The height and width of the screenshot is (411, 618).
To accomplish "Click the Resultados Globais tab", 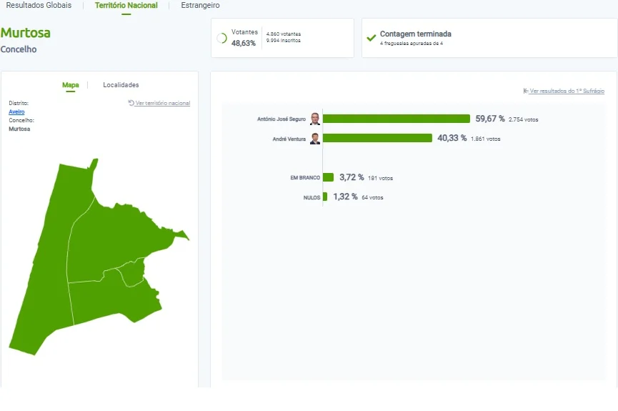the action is [39, 5].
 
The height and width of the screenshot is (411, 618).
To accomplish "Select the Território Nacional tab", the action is [126, 5].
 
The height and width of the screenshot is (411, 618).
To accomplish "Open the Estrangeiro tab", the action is [200, 5].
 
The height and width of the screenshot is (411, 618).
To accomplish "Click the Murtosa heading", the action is [26, 33].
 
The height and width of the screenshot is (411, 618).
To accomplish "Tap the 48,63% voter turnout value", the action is [243, 43].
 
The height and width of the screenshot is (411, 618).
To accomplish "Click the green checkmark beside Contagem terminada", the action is [372, 38].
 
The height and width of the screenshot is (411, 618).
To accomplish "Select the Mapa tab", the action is [71, 85].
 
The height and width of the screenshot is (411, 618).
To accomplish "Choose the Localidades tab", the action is [121, 85].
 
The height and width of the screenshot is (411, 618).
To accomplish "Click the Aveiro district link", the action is [16, 112].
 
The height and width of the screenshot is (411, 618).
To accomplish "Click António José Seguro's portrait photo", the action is [315, 119].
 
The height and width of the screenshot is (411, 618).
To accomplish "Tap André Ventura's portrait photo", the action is [315, 139].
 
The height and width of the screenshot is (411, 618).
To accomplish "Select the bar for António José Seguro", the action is [397, 119].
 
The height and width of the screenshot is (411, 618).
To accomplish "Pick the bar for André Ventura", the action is [377, 138].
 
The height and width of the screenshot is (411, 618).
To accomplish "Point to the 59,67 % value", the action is [490, 119].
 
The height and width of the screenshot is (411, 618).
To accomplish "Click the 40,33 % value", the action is [452, 138].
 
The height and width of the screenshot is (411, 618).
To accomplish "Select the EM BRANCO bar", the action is [329, 177].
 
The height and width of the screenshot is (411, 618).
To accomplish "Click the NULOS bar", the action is [325, 197].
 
